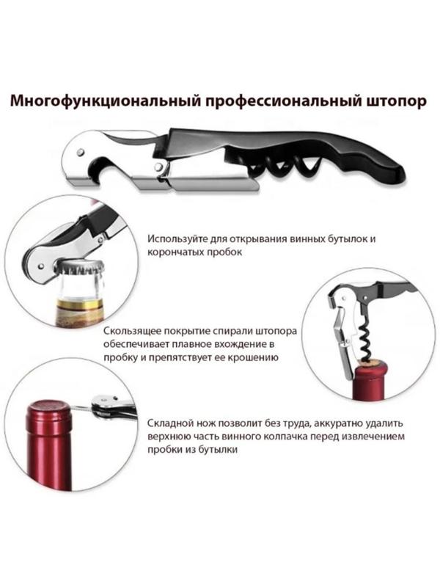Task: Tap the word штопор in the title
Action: (x=392, y=101)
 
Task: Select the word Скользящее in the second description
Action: (x=133, y=332)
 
